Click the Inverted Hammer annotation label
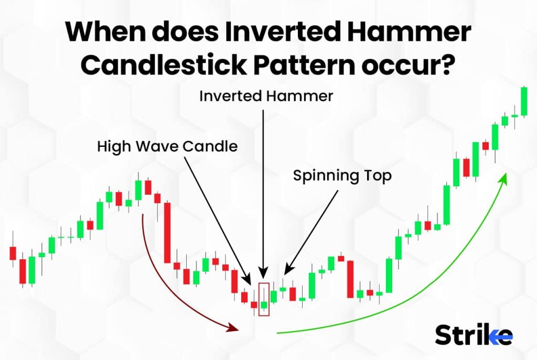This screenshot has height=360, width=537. (x=266, y=96)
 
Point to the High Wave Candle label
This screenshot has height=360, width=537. (x=167, y=146)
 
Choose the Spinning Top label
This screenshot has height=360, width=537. (x=342, y=176)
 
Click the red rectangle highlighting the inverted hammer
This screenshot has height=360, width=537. (x=264, y=299)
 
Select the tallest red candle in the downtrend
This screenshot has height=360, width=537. (x=167, y=232)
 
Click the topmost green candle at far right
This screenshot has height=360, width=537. (x=523, y=100)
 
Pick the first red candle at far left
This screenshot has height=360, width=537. (x=13, y=253)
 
